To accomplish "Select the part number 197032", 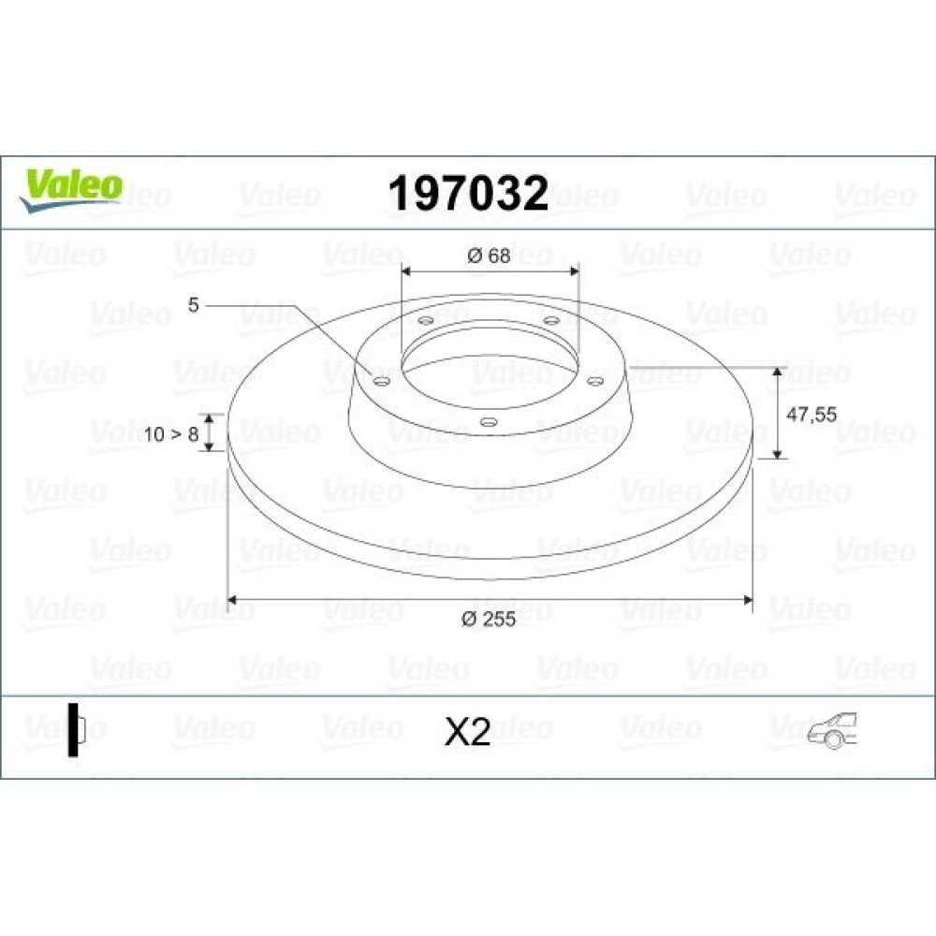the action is (x=468, y=194).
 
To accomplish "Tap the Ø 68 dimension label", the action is (x=489, y=256).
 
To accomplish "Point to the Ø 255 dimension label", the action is (x=489, y=619).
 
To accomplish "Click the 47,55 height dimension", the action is (x=812, y=414).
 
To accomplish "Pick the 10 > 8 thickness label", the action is (x=170, y=434).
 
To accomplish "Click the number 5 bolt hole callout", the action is (x=193, y=305).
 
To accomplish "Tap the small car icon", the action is (x=832, y=730).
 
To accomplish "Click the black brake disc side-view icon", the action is (x=77, y=730).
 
